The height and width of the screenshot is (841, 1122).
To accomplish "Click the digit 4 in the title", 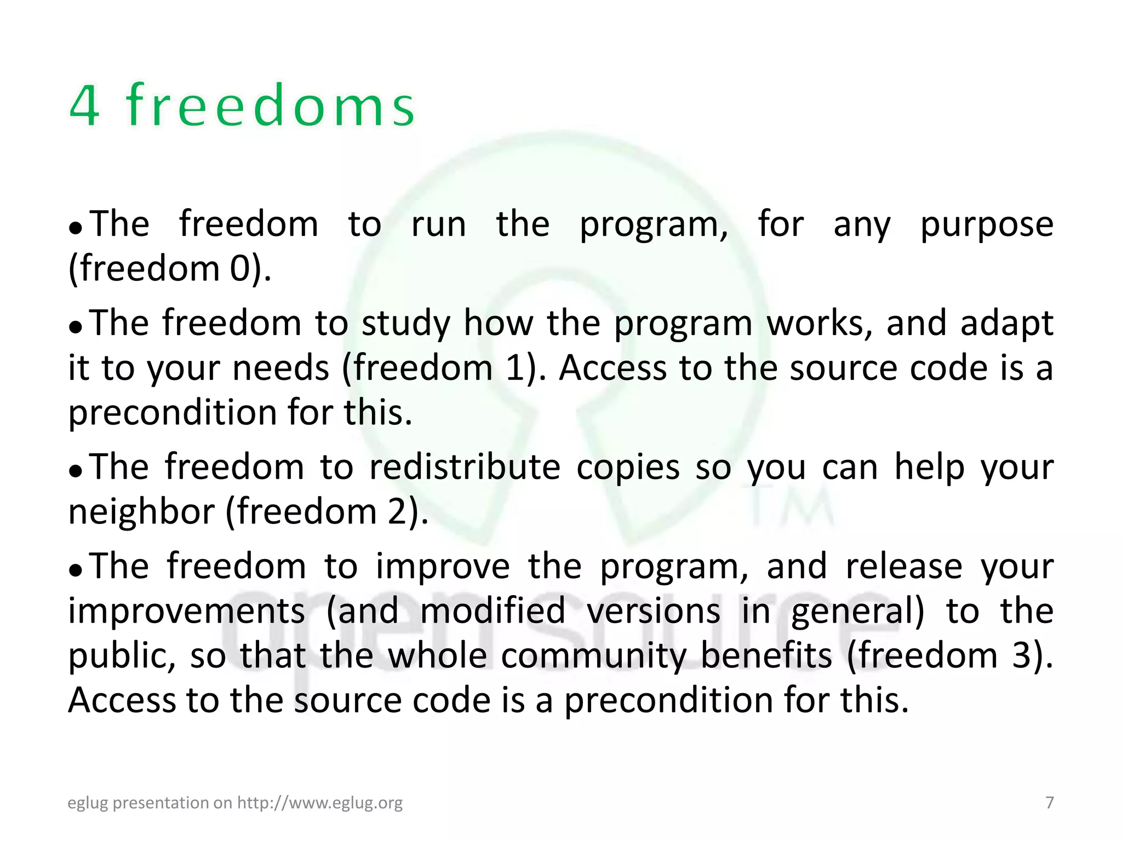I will pos(85,106).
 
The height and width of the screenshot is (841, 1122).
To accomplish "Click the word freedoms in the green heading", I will pos(271,106).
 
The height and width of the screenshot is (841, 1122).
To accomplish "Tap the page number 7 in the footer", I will pos(1049,803).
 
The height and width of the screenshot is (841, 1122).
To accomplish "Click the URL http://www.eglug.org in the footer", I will pos(319,803).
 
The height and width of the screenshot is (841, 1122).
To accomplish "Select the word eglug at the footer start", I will pos(87,803).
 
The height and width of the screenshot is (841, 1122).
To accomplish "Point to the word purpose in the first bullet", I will pos(986,225).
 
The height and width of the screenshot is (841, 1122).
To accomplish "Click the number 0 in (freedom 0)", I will pos(240,269).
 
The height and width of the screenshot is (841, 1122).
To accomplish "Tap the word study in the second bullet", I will pos(405,324).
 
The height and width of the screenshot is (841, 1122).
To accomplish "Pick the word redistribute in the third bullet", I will pos(465,468).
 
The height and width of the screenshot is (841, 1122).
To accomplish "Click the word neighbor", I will pos(141,512).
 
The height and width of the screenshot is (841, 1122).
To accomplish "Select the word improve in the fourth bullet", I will pos(443,566).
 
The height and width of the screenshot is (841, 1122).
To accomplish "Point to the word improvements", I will pos(186,611).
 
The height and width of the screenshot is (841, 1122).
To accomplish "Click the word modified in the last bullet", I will pos(493,611).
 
